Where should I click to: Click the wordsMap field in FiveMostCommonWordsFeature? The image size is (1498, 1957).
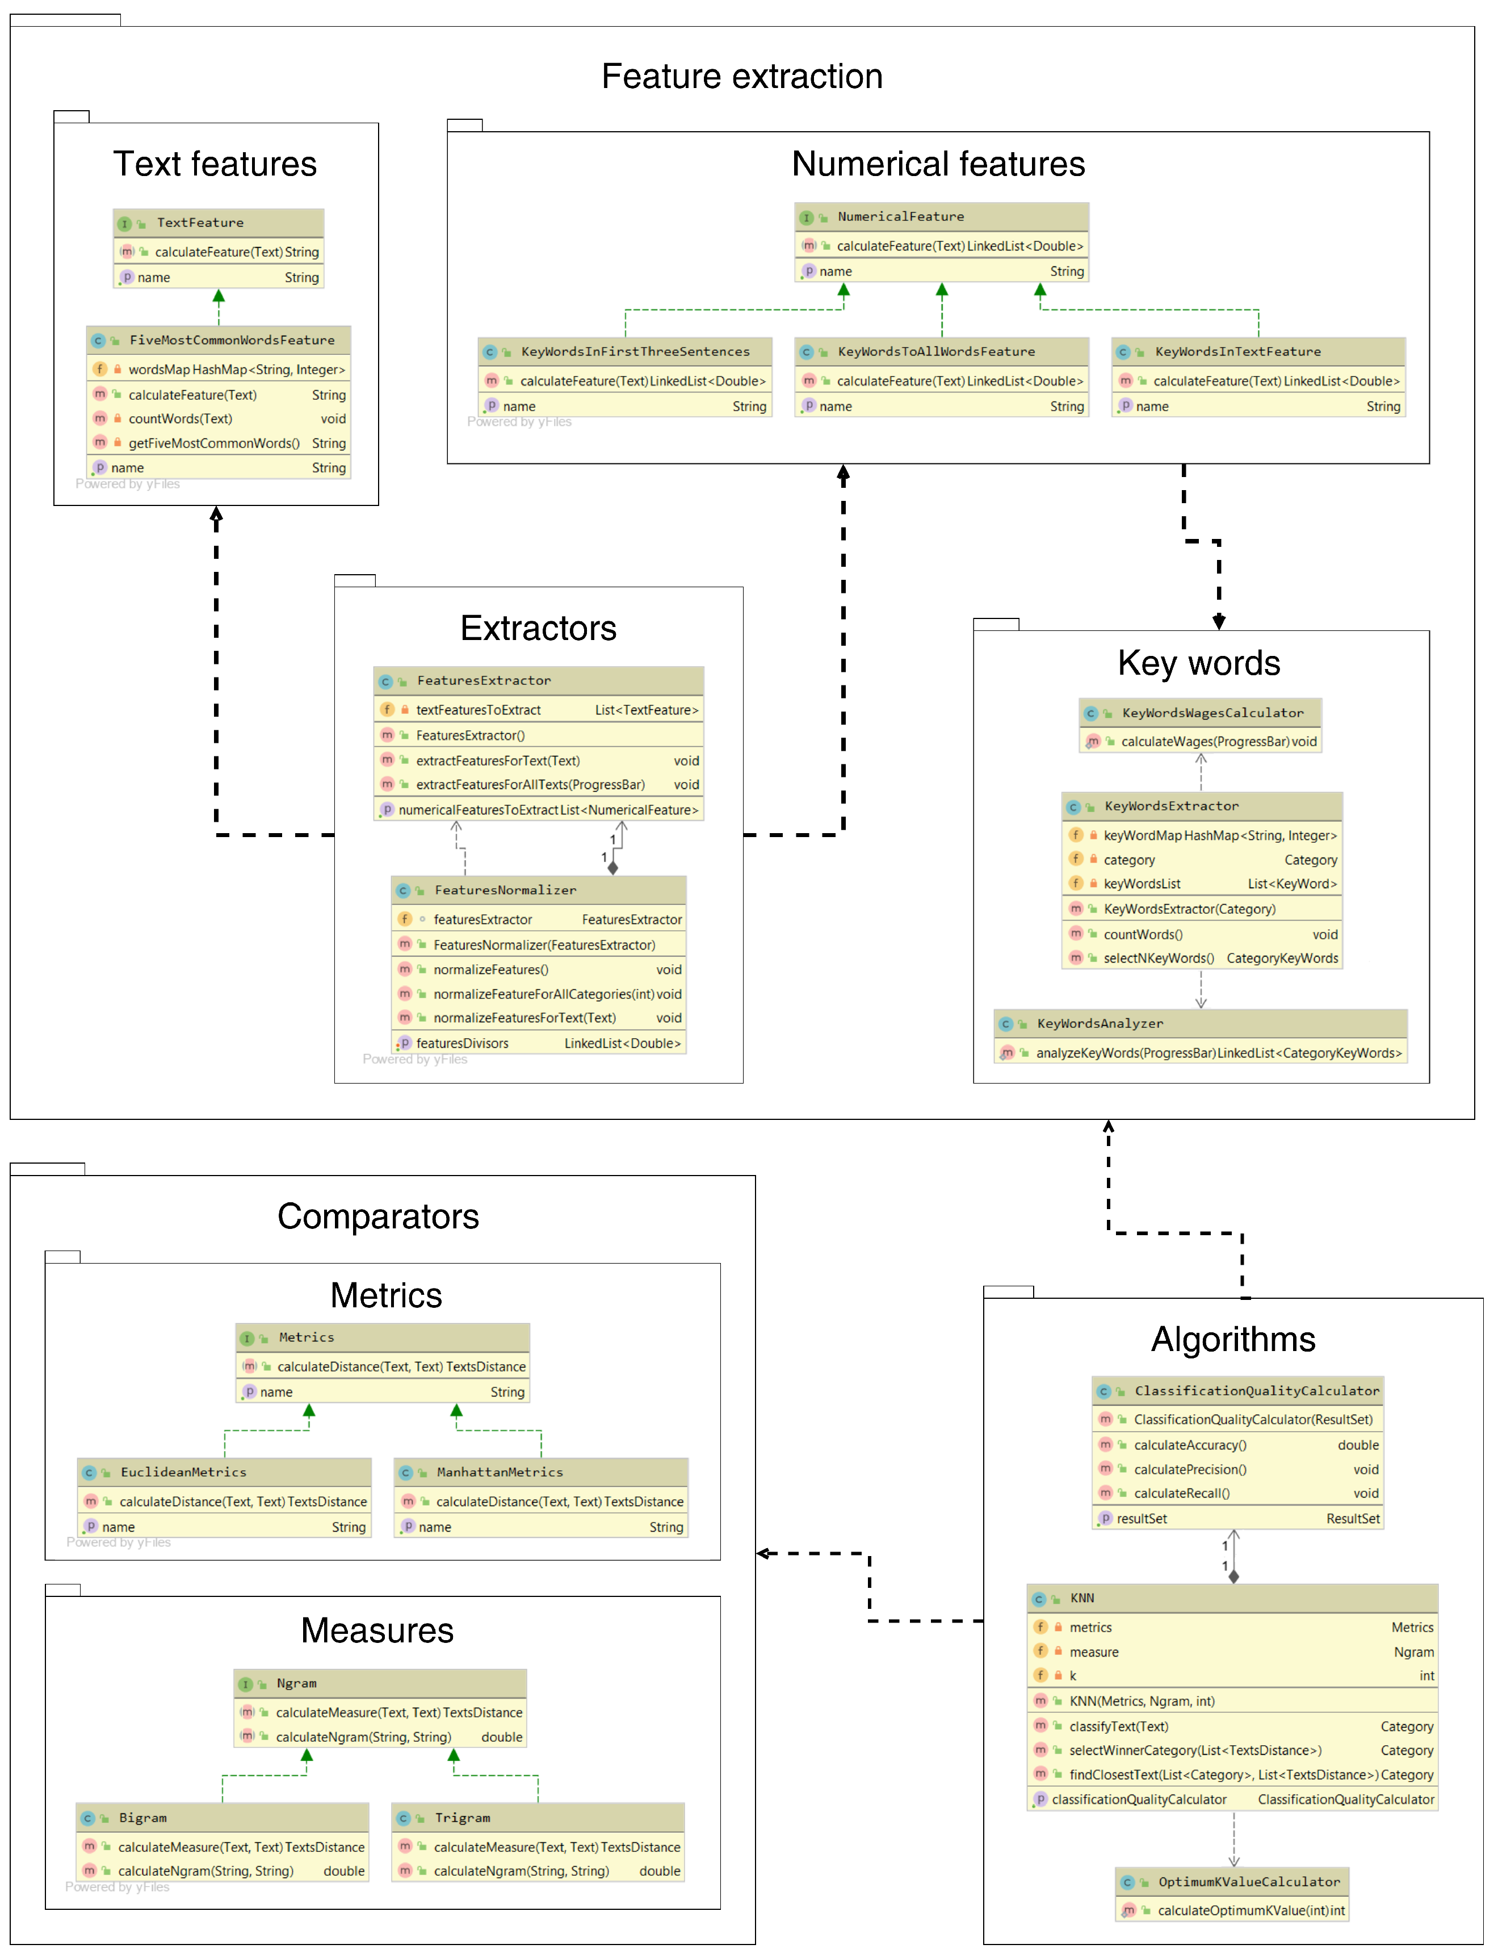236,369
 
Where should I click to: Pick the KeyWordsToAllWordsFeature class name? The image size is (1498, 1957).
935,352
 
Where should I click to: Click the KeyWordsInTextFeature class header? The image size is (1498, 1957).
1237,352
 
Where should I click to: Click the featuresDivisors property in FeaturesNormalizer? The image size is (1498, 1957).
462,1044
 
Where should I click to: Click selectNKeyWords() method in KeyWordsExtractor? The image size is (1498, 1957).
1159,959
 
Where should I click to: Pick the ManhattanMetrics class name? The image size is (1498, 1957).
500,1473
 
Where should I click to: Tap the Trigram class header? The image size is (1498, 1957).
462,1818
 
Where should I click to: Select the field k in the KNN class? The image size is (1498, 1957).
1073,1676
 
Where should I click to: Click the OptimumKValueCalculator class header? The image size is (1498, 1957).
1248,1882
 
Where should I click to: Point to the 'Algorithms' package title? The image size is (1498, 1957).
1232,1340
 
